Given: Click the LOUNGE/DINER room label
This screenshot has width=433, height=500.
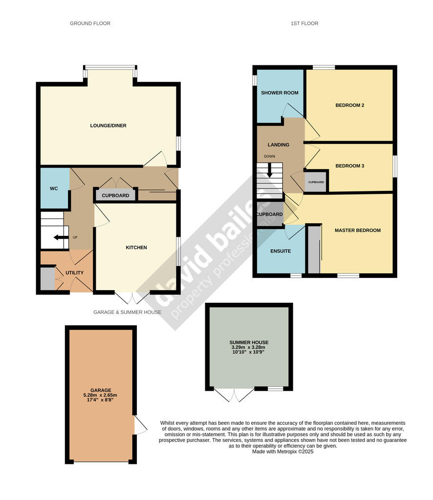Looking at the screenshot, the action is click(108, 125).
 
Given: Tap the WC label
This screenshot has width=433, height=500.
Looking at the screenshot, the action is click(54, 188).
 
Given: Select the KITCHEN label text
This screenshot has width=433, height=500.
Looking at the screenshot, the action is click(136, 248).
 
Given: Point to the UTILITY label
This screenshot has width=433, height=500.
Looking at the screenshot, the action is click(74, 272).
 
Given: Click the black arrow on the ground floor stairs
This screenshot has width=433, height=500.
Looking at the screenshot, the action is click(61, 237).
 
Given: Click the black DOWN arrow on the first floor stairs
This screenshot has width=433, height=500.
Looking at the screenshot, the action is click(270, 170).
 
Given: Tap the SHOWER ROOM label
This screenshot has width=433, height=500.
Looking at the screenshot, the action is click(280, 93).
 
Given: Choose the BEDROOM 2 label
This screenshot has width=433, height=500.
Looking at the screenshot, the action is click(350, 105).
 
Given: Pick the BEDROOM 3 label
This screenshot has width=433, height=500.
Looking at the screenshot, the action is click(350, 166).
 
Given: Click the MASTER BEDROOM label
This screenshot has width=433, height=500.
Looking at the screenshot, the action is click(358, 230).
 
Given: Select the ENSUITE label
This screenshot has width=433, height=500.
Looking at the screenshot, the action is click(281, 251).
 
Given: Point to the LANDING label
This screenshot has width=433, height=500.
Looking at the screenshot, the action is click(278, 145).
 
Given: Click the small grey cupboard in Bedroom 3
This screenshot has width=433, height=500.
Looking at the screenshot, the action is click(316, 182).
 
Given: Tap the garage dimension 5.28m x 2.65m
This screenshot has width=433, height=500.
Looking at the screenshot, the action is click(100, 395).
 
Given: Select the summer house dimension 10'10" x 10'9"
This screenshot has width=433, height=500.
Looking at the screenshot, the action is click(249, 352).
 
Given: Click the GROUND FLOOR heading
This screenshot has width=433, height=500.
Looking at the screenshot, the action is click(90, 23).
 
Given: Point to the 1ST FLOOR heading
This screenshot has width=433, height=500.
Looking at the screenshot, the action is click(304, 23).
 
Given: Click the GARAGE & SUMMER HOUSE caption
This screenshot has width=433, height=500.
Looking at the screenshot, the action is click(128, 312).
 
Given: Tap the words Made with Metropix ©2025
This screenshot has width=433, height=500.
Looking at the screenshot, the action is click(282, 452).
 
